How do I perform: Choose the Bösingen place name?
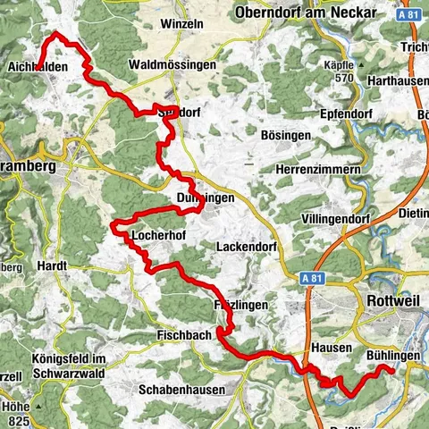pyautogui.click(x=285, y=135)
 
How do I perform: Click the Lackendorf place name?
pyautogui.click(x=249, y=245)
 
